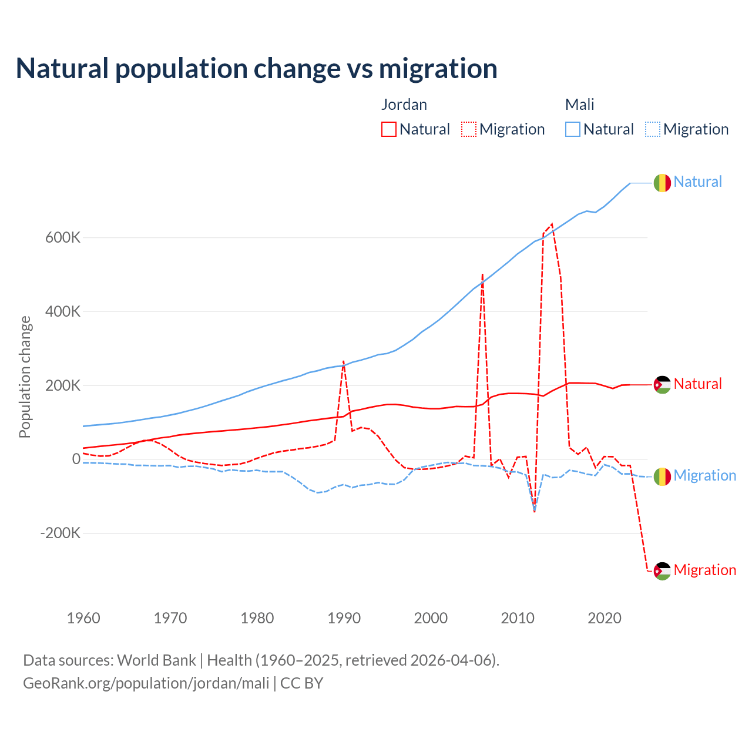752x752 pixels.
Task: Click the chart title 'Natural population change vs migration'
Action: coord(257,69)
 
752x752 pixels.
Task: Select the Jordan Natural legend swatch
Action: coord(388,129)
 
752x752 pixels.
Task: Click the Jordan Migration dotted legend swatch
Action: coord(469,129)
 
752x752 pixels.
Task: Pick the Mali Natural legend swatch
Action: coord(572,129)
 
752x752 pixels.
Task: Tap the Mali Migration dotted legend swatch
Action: coord(653,129)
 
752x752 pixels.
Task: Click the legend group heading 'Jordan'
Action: coord(404,105)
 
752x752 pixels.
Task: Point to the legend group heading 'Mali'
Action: coord(579,105)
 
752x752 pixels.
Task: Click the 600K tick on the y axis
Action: coord(62,238)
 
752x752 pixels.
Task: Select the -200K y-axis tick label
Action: coord(60,533)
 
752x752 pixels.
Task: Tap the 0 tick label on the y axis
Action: coord(76,459)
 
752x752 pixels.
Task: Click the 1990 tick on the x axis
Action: coord(344,618)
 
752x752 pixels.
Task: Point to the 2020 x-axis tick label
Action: coord(605,618)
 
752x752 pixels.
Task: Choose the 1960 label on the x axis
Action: coord(83,618)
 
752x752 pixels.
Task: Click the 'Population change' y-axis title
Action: coord(25,377)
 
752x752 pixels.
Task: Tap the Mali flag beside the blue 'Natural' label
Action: coord(662,183)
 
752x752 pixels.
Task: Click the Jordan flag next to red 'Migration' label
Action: coord(662,571)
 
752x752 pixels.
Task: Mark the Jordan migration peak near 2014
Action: coord(552,224)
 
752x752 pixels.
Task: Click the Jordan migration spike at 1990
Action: coord(344,362)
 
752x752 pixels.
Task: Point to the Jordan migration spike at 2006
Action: coord(482,274)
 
